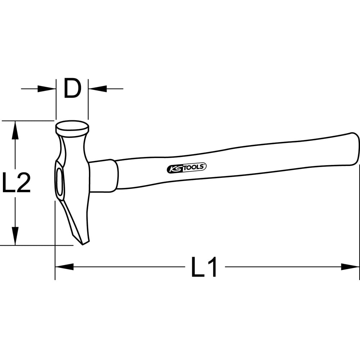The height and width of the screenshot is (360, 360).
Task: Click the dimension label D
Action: click(x=72, y=89)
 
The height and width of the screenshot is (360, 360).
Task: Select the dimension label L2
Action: click(x=16, y=183)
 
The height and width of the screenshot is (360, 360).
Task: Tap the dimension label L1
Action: click(x=204, y=267)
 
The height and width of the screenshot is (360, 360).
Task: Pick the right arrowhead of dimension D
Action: click(x=98, y=89)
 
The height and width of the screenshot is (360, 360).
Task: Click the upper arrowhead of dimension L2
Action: click(x=15, y=130)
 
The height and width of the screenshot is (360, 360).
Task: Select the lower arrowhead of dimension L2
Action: click(x=15, y=236)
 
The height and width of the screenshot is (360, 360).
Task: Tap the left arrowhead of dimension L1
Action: click(x=64, y=267)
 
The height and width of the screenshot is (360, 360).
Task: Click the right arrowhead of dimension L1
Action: click(x=350, y=267)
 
